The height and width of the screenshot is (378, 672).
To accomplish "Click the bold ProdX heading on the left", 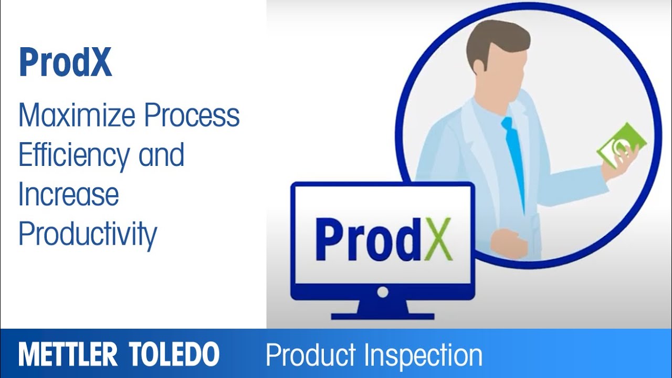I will tap(65, 62).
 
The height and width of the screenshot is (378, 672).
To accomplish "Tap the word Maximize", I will tap(76, 116).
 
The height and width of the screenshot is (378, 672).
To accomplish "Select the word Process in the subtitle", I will tap(192, 116).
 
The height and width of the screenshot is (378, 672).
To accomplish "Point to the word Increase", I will tap(68, 194).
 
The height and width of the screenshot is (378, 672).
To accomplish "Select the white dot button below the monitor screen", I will tap(383, 291).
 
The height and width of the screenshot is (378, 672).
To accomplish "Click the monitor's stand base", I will tap(383, 316).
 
